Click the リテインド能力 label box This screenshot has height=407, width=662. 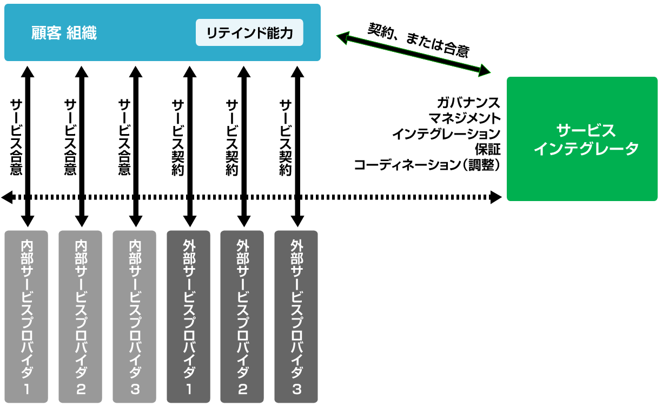point(249,34)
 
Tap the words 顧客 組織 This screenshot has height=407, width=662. point(64,34)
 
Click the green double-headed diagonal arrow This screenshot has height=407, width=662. point(413,53)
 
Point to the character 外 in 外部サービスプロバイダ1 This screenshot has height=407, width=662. point(188,245)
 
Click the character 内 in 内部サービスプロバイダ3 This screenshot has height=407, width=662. point(135,245)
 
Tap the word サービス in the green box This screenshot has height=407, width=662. point(586,130)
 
